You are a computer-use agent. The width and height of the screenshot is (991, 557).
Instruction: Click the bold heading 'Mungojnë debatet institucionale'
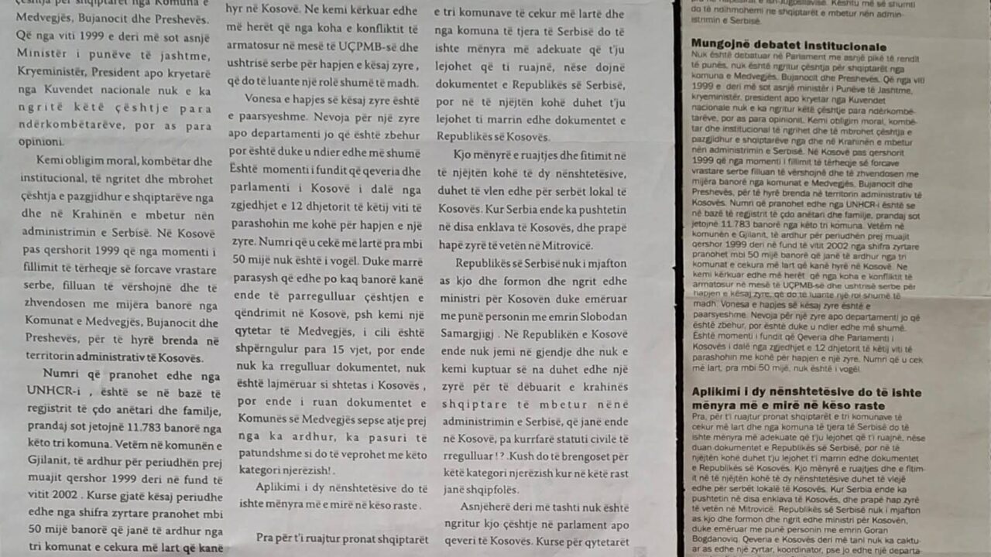pos(788,46)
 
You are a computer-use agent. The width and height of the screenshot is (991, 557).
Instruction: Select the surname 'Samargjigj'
pos(466,333)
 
